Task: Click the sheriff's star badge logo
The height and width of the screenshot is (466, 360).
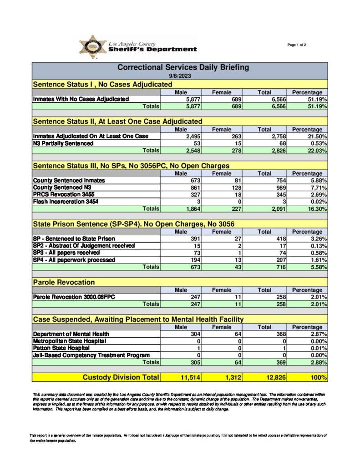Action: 92,47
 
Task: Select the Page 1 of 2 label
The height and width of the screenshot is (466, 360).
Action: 297,45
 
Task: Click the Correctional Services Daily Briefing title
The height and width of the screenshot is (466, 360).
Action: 183,67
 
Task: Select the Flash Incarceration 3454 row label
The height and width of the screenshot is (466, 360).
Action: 65,202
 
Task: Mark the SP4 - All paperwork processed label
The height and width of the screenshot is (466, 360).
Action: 74,260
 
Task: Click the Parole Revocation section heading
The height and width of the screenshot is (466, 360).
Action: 64,283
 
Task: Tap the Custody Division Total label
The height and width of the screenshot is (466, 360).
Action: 121,377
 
